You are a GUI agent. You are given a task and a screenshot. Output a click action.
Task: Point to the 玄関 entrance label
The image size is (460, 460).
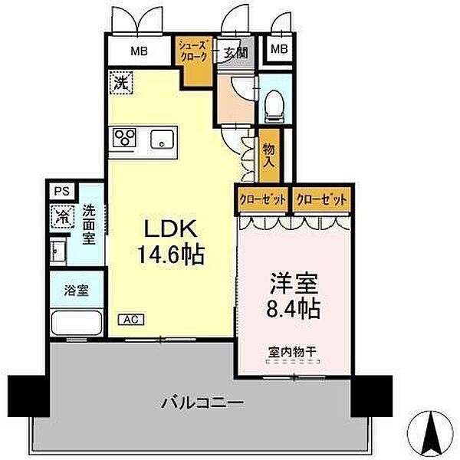[x=235, y=53]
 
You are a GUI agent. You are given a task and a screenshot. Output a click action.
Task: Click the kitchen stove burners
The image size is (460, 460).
[x=125, y=138]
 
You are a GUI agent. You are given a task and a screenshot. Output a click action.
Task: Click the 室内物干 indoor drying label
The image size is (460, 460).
[x=292, y=353]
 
